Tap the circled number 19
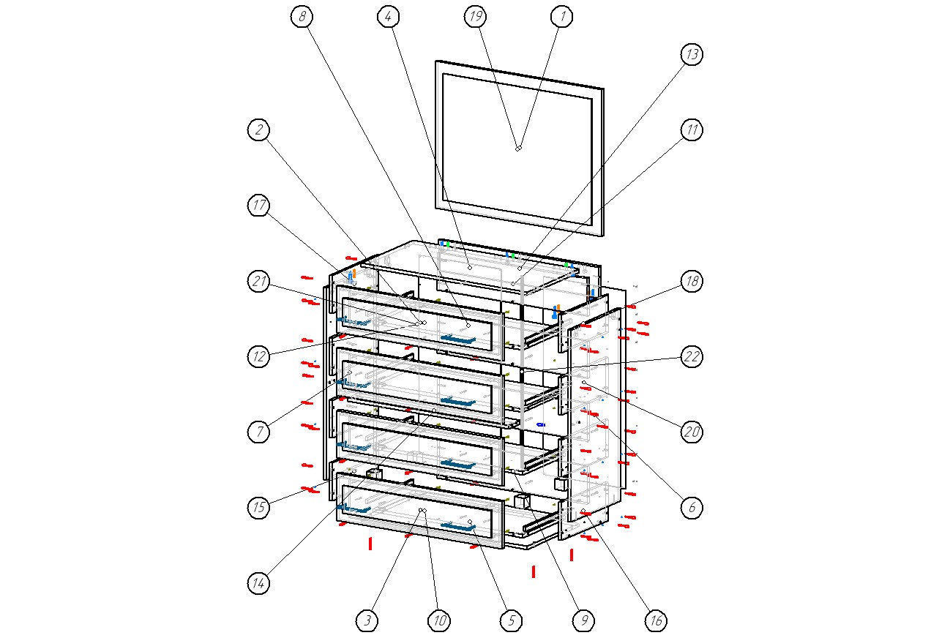point(475,16)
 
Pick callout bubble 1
point(561,16)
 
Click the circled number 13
point(692,54)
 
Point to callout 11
point(692,130)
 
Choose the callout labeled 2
point(258,130)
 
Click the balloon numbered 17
point(258,206)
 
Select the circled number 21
point(258,282)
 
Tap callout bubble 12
point(258,357)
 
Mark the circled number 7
point(258,432)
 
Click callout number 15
point(258,508)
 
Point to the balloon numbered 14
point(258,583)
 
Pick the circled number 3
point(367,621)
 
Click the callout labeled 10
point(438,621)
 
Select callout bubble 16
point(656,621)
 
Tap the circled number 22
point(692,357)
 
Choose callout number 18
point(692,282)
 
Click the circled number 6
point(692,508)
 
